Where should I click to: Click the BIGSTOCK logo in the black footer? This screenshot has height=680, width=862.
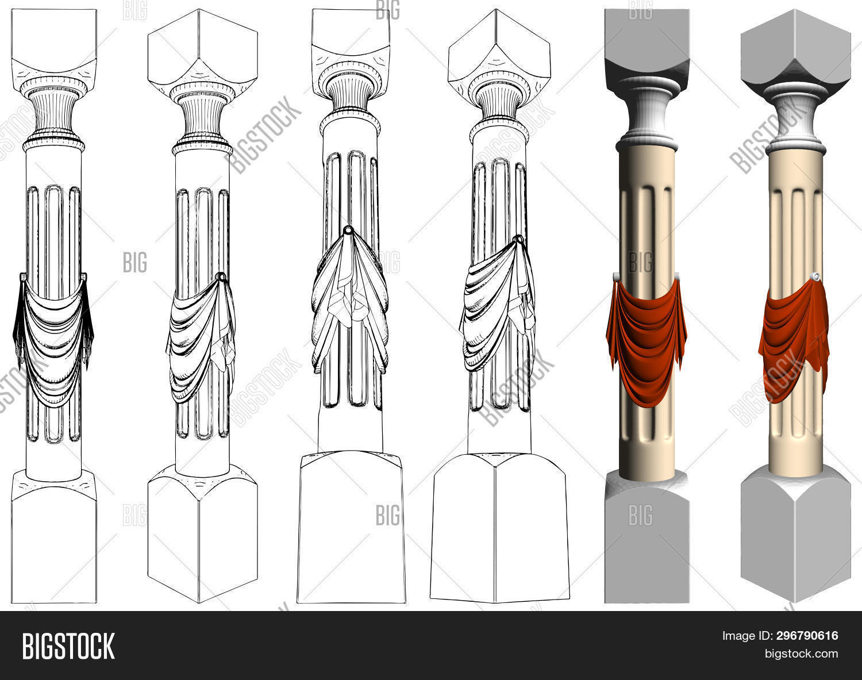click(68, 646)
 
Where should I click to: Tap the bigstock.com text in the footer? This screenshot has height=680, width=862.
click(801, 654)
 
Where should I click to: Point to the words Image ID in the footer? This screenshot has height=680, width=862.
click(746, 636)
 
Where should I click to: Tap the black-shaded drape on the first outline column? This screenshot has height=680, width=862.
click(53, 339)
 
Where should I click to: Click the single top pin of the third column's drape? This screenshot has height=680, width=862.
click(348, 230)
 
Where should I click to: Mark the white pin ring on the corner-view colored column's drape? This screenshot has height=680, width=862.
click(816, 278)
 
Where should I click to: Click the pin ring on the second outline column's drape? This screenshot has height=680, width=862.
click(220, 278)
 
